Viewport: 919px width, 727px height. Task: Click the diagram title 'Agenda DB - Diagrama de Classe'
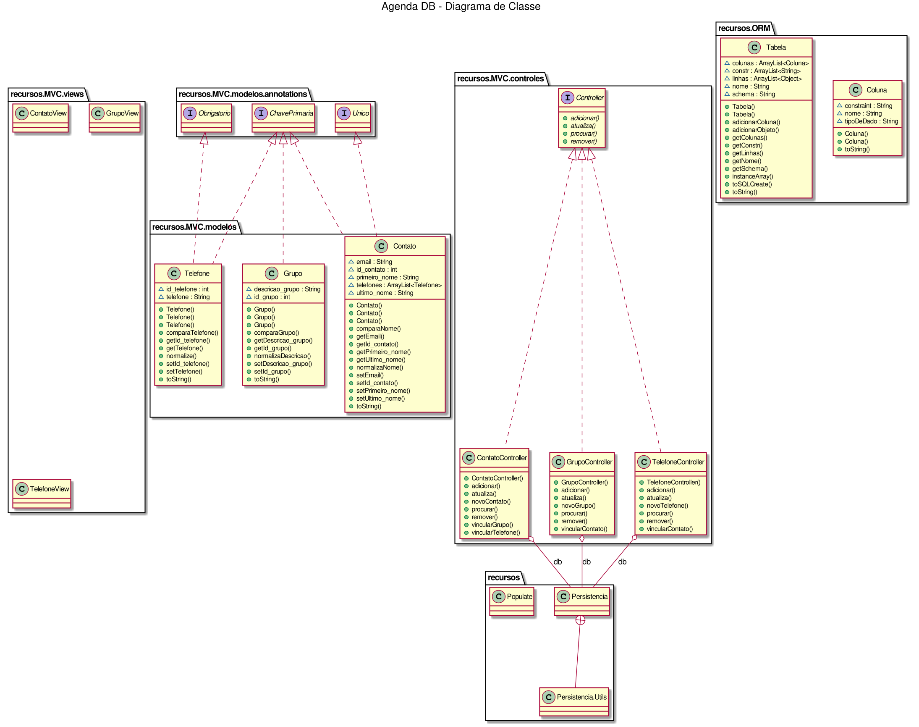461,6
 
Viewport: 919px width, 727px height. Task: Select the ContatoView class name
48,113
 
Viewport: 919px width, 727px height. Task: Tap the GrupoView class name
122,113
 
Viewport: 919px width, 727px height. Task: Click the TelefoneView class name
49,489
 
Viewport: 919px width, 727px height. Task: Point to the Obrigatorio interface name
214,113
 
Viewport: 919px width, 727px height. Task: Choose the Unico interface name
360,113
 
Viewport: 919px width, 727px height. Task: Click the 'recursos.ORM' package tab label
744,29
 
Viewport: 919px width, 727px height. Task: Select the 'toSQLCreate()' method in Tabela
751,184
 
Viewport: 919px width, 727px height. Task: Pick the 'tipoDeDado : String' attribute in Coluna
871,121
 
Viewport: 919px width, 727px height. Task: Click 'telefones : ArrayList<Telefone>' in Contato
399,285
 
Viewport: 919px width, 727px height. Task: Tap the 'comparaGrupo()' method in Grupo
276,333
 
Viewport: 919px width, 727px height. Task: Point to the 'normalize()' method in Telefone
181,356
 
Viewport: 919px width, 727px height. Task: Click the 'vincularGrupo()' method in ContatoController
492,525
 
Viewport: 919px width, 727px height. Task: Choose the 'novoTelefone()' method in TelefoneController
667,506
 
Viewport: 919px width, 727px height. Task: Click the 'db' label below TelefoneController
622,562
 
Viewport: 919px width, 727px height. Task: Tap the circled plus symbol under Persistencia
580,620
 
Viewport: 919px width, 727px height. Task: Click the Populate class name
519,597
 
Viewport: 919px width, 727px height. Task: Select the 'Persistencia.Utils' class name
581,697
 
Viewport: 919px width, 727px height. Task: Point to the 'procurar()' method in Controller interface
583,134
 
